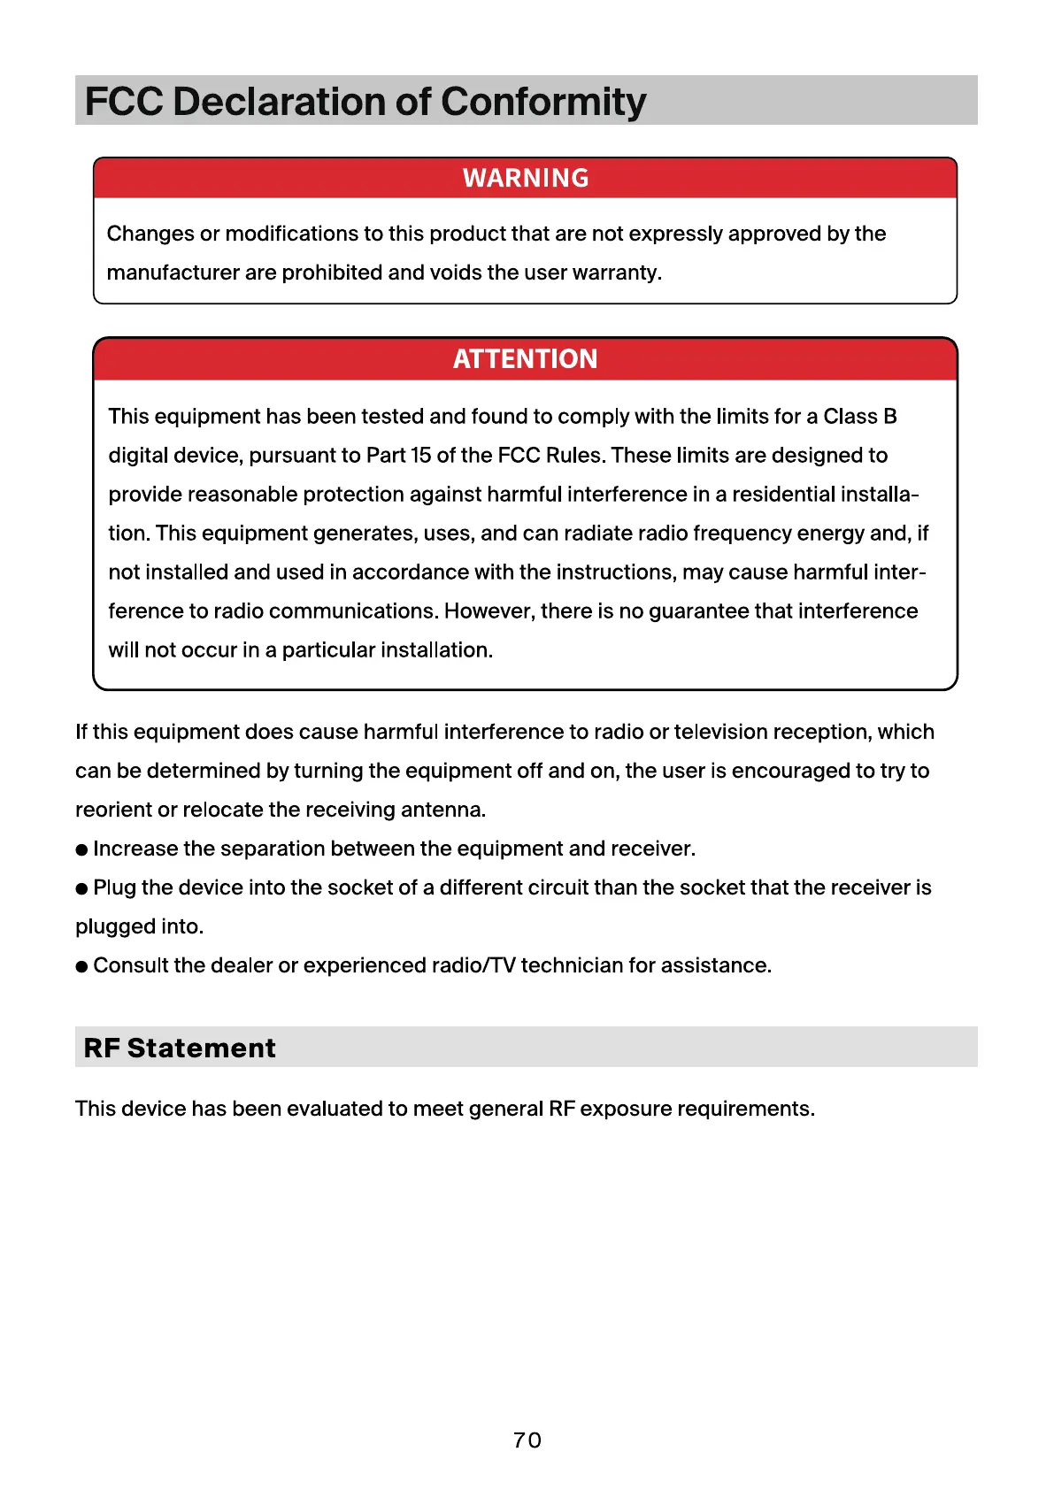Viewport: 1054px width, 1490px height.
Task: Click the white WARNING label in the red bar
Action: [526, 178]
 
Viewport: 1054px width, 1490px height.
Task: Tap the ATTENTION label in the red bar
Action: [526, 358]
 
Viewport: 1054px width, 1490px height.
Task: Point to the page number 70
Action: [527, 1440]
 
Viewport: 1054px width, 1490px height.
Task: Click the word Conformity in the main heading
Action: [543, 102]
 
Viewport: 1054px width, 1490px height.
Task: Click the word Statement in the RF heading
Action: [202, 1048]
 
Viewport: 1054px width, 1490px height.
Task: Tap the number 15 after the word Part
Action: [421, 455]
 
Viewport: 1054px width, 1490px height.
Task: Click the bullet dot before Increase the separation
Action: [82, 849]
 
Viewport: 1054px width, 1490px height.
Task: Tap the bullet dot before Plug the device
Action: [82, 888]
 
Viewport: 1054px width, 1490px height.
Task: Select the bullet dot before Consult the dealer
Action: [82, 966]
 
